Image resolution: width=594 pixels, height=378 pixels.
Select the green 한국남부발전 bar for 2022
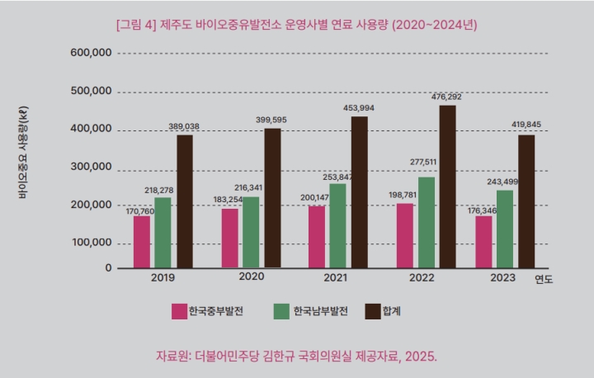tap(427, 222)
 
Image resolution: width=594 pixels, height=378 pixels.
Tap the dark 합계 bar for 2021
tap(359, 191)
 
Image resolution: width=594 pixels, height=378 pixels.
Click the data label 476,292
tap(446, 97)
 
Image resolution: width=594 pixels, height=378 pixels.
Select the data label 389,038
tap(183, 126)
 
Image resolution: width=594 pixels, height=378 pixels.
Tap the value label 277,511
tap(427, 162)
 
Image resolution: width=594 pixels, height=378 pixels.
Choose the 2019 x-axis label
tap(163, 278)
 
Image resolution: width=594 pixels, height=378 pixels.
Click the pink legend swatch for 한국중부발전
tap(179, 311)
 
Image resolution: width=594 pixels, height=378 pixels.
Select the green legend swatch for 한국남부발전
tap(281, 311)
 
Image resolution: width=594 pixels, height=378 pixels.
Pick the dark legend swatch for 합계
tap(373, 311)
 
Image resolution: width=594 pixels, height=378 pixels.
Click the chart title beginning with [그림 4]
tap(296, 25)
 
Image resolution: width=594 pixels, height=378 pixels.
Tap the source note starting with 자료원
tap(296, 356)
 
